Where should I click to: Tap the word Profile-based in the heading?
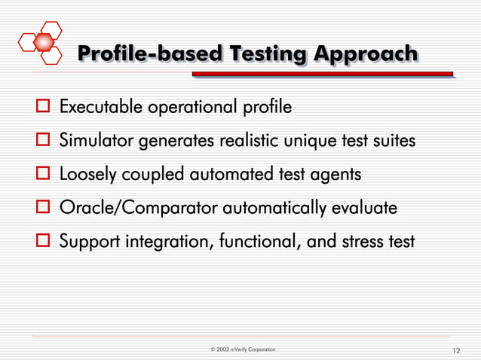tap(150, 55)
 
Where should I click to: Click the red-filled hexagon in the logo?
tap(47, 54)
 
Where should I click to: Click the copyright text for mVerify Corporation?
tap(243, 350)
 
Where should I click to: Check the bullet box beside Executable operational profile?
tap(42, 107)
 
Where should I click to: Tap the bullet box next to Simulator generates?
tap(42, 141)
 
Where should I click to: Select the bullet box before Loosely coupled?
tap(42, 175)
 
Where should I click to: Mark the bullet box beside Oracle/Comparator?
tap(42, 209)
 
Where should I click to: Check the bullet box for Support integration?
tap(42, 243)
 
